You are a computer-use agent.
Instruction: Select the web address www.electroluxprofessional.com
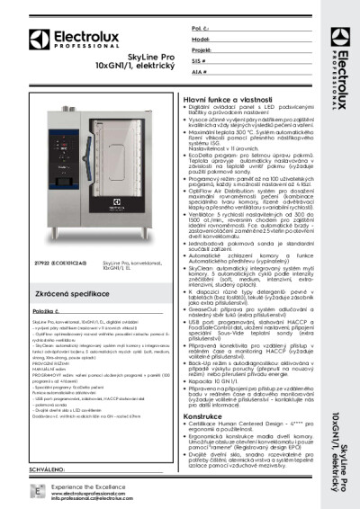[85, 492]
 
